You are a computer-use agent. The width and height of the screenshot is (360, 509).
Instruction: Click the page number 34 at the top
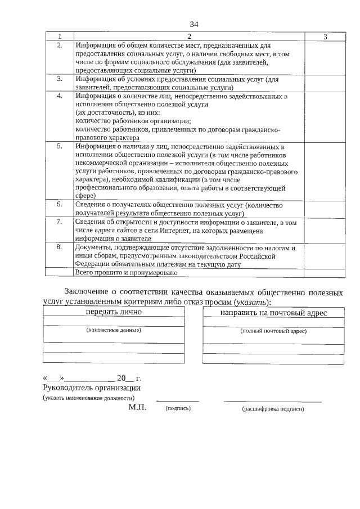point(194,24)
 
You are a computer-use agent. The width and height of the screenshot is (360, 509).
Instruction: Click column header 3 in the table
point(325,37)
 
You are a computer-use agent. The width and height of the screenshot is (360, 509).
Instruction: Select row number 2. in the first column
point(60,44)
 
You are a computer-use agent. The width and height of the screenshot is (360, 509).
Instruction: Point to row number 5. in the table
point(60,146)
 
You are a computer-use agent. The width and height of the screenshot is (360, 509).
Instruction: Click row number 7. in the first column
point(60,222)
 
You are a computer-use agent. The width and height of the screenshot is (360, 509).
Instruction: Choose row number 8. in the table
point(60,247)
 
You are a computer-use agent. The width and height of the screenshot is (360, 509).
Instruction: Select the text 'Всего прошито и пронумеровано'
point(126,273)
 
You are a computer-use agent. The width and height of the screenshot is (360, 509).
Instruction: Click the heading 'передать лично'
point(114,312)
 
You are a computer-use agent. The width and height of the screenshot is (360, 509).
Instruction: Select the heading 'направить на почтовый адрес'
point(273,312)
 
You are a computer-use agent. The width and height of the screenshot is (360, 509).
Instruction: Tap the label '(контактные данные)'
point(114,330)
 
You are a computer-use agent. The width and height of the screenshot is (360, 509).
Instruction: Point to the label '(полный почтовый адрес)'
point(273,331)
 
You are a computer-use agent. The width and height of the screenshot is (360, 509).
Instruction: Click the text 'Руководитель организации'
point(92,388)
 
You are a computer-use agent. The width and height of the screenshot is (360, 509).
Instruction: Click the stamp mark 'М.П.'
point(137,407)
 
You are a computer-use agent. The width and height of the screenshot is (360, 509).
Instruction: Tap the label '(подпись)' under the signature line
point(178,408)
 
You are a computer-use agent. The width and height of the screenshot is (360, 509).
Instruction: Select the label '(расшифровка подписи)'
point(273,409)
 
